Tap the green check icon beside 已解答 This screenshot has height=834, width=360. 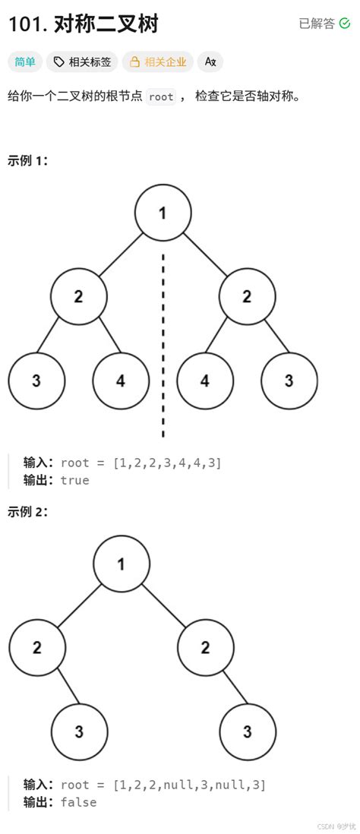click(x=346, y=24)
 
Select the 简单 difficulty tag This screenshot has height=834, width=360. click(x=25, y=62)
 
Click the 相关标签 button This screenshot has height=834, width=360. click(x=82, y=62)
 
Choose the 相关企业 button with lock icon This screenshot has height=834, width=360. click(x=158, y=62)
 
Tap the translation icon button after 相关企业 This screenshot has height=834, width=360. click(x=210, y=62)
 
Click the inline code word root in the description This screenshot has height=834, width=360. click(x=160, y=97)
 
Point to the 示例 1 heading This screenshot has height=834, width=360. click(x=27, y=161)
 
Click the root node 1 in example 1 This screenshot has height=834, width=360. click(x=163, y=213)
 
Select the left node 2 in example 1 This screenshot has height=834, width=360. click(x=79, y=296)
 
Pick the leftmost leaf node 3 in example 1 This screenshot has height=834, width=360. click(x=36, y=381)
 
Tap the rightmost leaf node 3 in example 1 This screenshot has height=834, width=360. click(x=289, y=381)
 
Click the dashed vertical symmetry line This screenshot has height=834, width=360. click(x=163, y=342)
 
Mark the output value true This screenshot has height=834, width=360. click(x=74, y=480)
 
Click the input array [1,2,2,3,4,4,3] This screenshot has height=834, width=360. click(x=167, y=463)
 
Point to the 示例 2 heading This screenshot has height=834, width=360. click(x=27, y=512)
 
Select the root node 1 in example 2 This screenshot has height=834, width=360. click(x=121, y=564)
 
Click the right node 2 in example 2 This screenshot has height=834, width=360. click(x=205, y=647)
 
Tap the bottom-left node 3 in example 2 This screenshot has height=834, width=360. click(x=79, y=731)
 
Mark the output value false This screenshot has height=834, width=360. click(x=78, y=801)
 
